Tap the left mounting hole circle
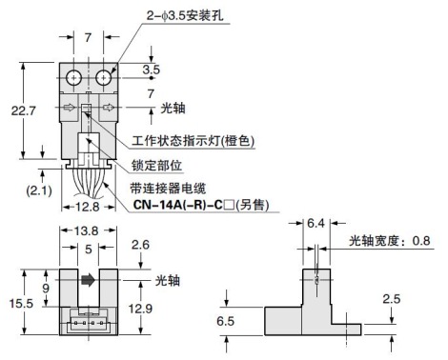coord(74,75)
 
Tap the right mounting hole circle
coord(102,75)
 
